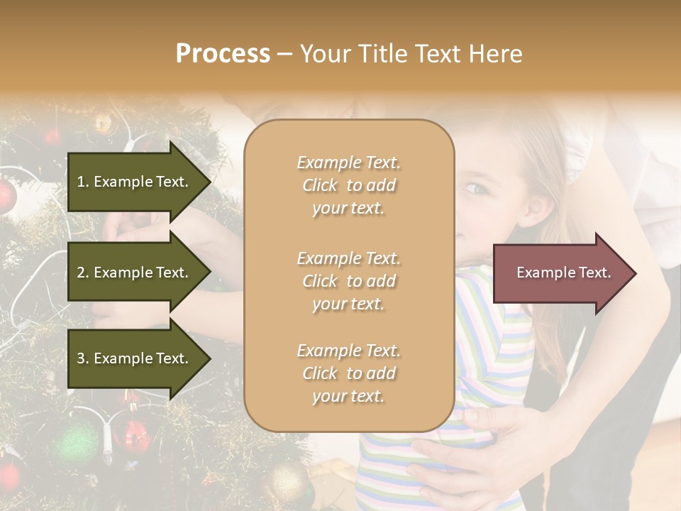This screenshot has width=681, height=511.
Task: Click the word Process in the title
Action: coord(223,54)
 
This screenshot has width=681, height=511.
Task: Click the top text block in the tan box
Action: coord(348,185)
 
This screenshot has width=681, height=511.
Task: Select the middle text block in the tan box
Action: coord(348,281)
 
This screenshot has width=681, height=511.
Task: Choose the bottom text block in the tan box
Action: coord(348,373)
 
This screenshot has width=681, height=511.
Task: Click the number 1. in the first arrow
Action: coord(82,182)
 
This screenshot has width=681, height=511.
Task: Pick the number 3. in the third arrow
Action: coord(83,359)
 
